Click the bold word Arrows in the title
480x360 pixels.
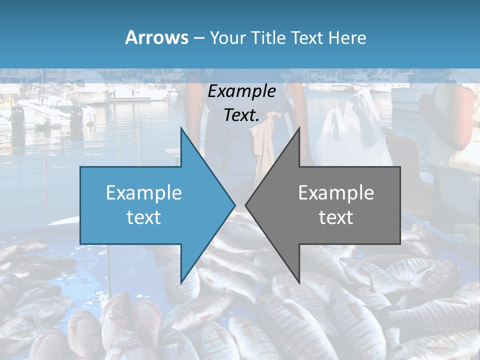point(156,37)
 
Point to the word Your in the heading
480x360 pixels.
point(228,38)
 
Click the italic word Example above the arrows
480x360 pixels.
point(242,91)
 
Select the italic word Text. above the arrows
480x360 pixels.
point(242,115)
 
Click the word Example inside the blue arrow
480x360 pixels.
point(144,192)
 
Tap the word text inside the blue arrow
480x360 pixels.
point(144,217)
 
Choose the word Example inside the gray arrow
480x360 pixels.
point(336,192)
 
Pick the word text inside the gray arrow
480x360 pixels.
point(336,217)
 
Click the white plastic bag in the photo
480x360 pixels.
point(350,132)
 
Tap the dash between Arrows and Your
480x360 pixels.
point(197,38)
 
